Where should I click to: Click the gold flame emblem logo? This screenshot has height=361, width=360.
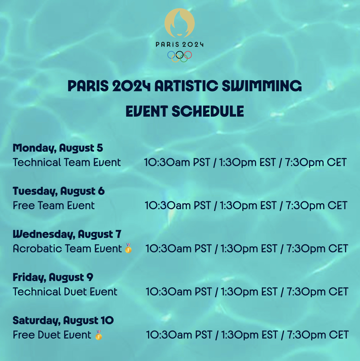(179, 23)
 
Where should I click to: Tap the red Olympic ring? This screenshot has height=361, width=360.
(188, 55)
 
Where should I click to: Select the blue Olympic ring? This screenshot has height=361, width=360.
(171, 55)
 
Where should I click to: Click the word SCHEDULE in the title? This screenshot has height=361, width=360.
(208, 111)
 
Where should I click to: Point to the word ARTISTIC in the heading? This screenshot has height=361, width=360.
(186, 86)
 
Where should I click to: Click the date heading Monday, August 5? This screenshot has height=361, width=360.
(58, 148)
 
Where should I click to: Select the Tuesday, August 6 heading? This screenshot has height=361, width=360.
(59, 191)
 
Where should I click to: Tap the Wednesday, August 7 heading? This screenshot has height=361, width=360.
(67, 234)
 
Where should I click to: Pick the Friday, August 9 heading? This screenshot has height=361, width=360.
(53, 277)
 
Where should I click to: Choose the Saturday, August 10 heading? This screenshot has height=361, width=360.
(63, 321)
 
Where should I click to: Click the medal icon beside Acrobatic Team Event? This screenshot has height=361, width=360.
(128, 248)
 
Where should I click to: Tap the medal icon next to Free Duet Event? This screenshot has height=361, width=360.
(99, 335)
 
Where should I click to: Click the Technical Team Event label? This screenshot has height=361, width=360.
(67, 162)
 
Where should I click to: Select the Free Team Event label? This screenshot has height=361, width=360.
(53, 205)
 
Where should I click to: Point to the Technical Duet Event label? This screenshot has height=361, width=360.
(65, 292)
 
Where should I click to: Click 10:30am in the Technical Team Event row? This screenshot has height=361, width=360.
(167, 162)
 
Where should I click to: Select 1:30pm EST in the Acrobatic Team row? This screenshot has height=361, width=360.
(249, 249)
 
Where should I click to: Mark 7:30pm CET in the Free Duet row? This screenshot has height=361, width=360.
(318, 335)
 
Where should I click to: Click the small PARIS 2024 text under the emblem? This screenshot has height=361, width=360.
(179, 44)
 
